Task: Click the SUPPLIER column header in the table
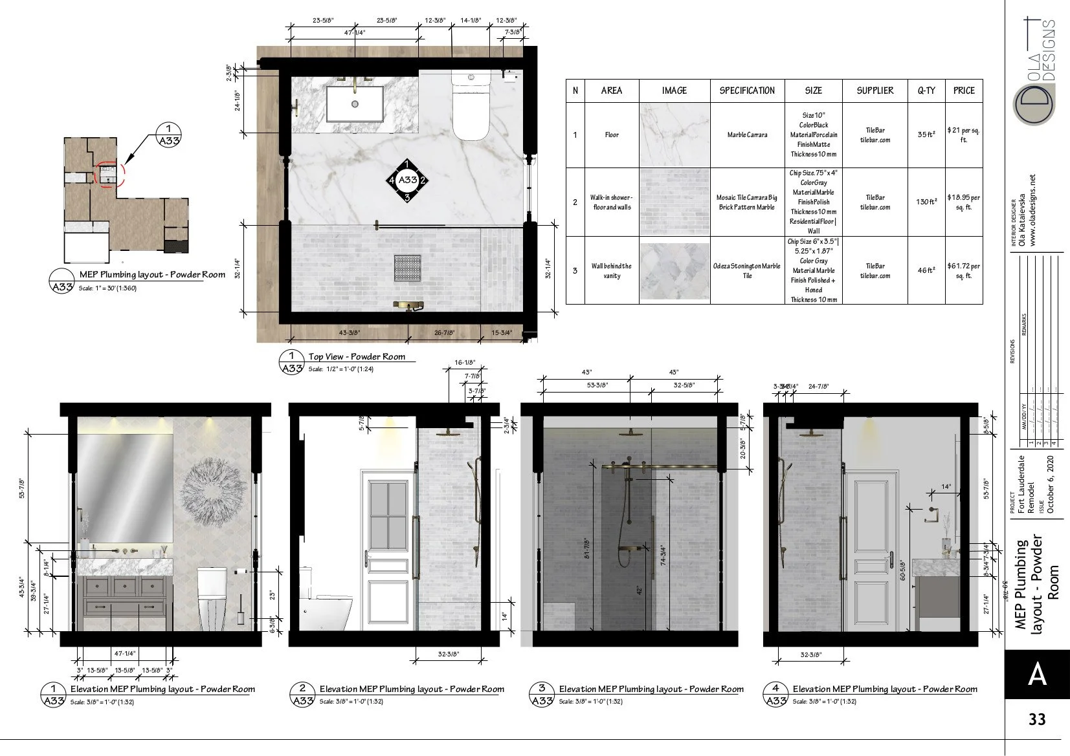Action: click(x=875, y=91)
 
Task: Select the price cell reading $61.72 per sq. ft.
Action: click(x=963, y=270)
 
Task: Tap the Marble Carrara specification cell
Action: click(x=747, y=135)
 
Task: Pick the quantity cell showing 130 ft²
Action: click(x=926, y=202)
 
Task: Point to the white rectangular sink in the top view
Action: click(x=355, y=103)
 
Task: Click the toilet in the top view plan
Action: click(x=471, y=107)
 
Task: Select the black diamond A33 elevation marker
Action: click(x=407, y=180)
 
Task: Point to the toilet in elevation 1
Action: click(x=212, y=598)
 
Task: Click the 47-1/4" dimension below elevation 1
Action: click(x=125, y=654)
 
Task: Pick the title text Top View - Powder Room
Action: click(x=357, y=356)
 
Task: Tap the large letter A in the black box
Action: click(x=1037, y=675)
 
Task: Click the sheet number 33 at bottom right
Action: click(x=1037, y=718)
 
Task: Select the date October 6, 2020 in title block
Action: click(x=1051, y=485)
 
